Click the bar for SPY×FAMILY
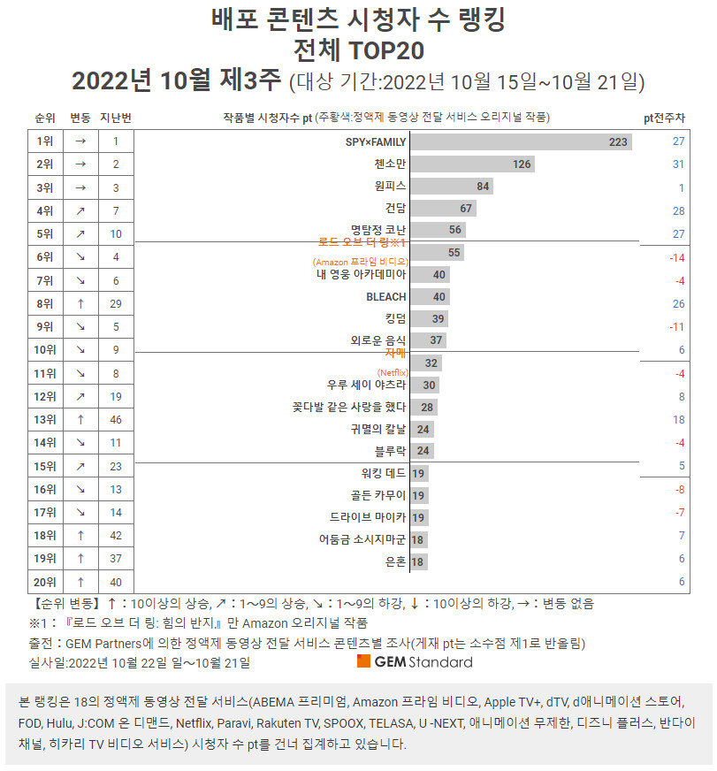(521, 142)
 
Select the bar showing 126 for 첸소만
(472, 164)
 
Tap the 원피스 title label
(390, 187)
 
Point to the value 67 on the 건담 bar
(466, 209)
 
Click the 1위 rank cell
(45, 141)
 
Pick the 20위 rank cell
(45, 582)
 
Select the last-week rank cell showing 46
(116, 419)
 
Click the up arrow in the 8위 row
(80, 303)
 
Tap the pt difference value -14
(677, 257)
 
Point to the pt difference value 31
(678, 164)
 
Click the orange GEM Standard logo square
(363, 661)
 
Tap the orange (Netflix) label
(392, 372)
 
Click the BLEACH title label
(385, 297)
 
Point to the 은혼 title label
(395, 561)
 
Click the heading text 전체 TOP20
(358, 48)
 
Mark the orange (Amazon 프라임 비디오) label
(360, 262)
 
